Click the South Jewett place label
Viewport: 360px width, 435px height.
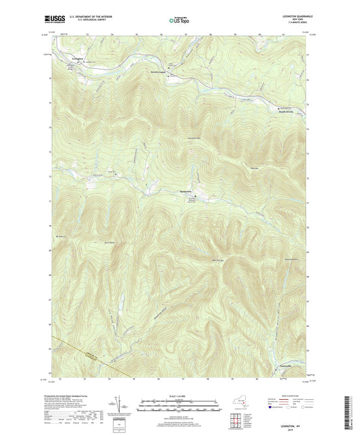[x=286, y=112]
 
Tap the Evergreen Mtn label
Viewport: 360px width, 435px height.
[x=195, y=139]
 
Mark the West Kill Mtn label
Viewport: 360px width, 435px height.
[x=217, y=260]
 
